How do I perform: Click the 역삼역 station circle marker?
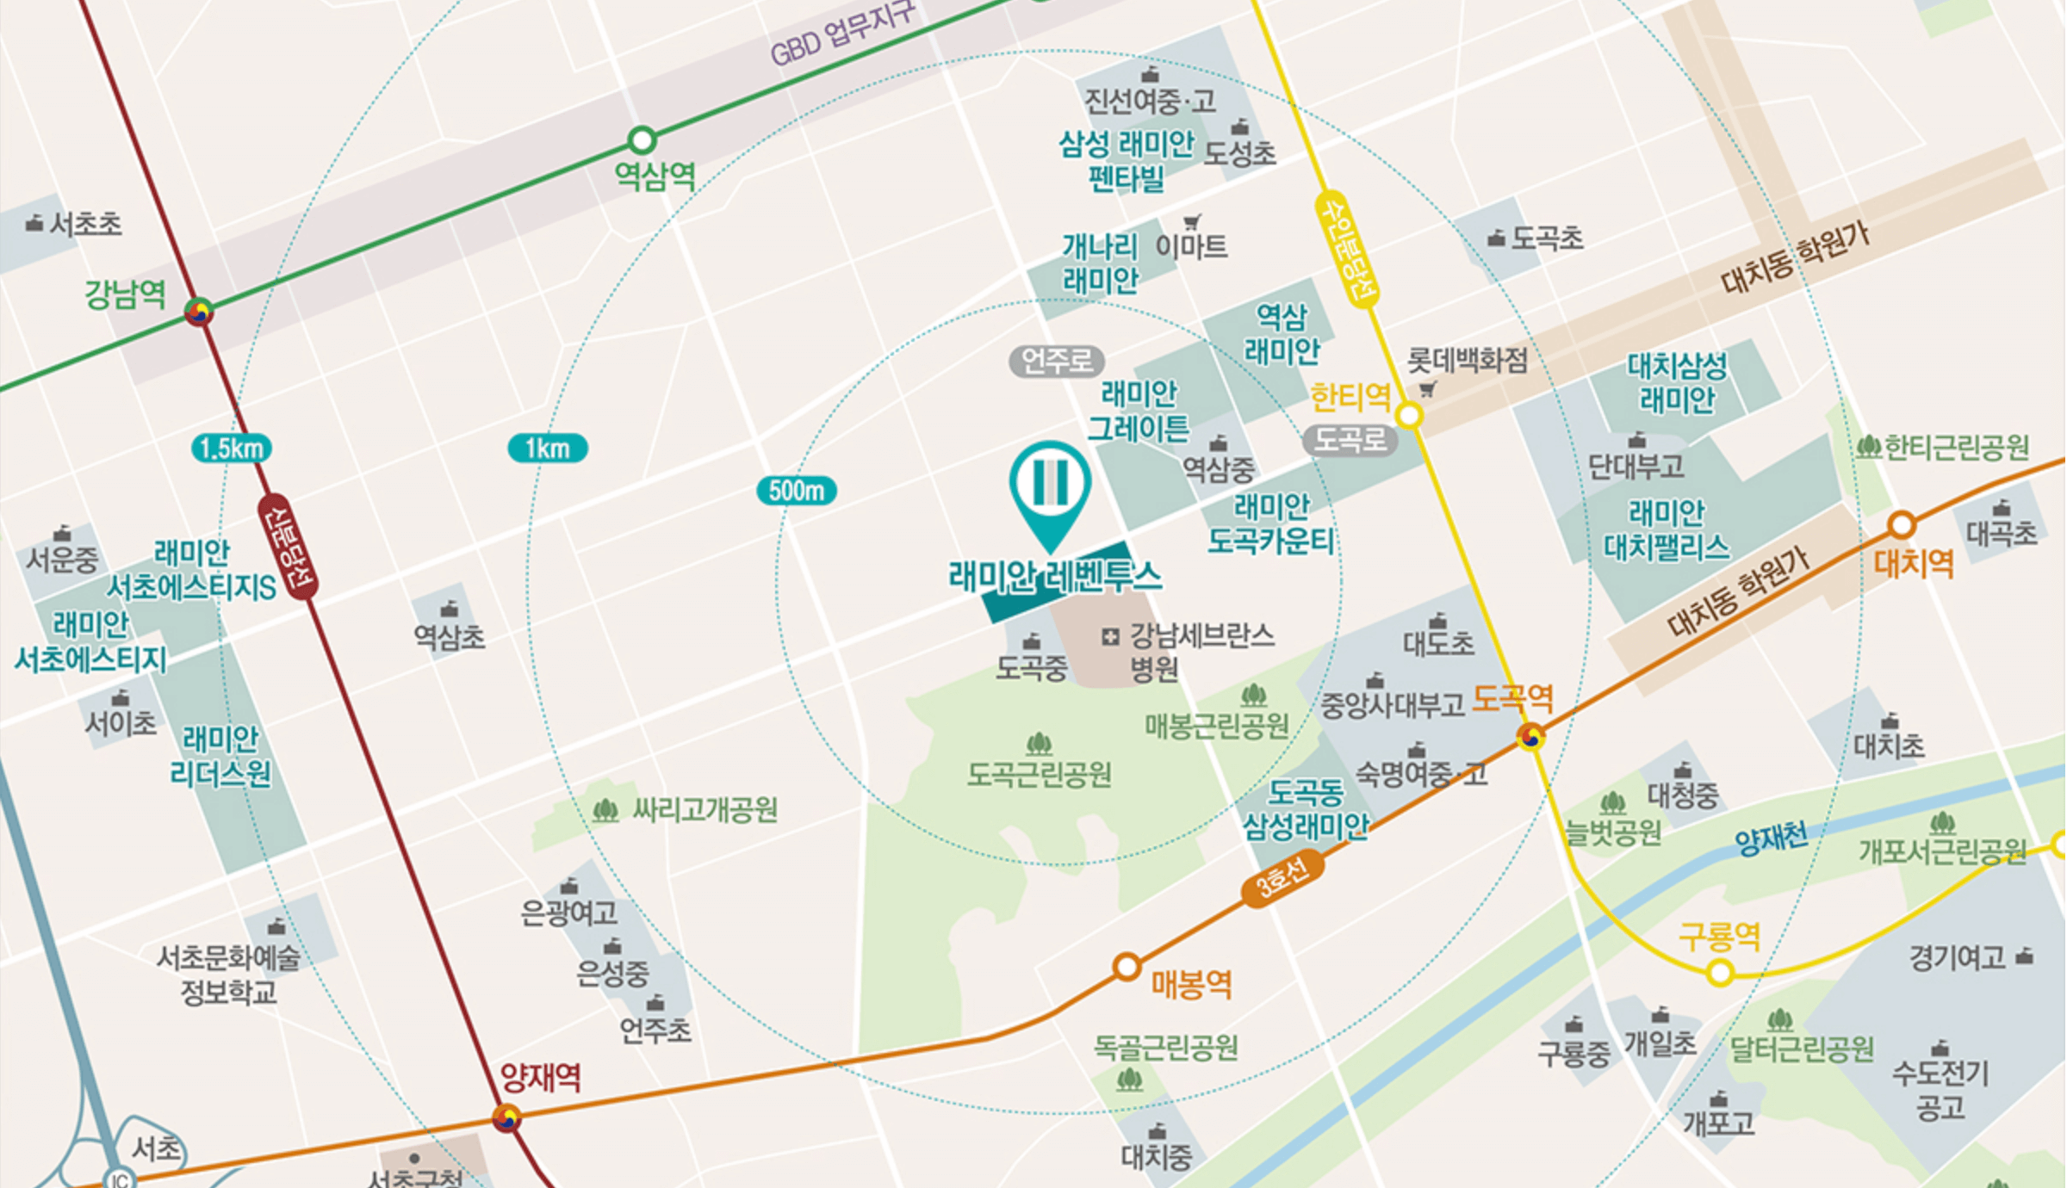[642, 139]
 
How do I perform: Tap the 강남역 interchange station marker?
[199, 312]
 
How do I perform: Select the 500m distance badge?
[797, 491]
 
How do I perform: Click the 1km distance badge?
[548, 449]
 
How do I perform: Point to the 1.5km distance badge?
[231, 449]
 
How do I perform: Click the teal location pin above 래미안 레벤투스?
[1050, 491]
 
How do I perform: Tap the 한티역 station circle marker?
[1409, 416]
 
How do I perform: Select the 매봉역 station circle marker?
[1127, 967]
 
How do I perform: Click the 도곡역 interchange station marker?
[1531, 737]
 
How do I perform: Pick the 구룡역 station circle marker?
[1720, 973]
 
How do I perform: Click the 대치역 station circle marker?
[1902, 524]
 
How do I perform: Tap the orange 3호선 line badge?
[1282, 878]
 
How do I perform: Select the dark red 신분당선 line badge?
[289, 547]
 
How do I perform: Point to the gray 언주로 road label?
[1057, 362]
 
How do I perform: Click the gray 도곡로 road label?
[1350, 441]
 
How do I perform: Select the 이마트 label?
[1191, 247]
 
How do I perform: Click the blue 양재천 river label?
[1772, 838]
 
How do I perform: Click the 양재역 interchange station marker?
[506, 1118]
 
